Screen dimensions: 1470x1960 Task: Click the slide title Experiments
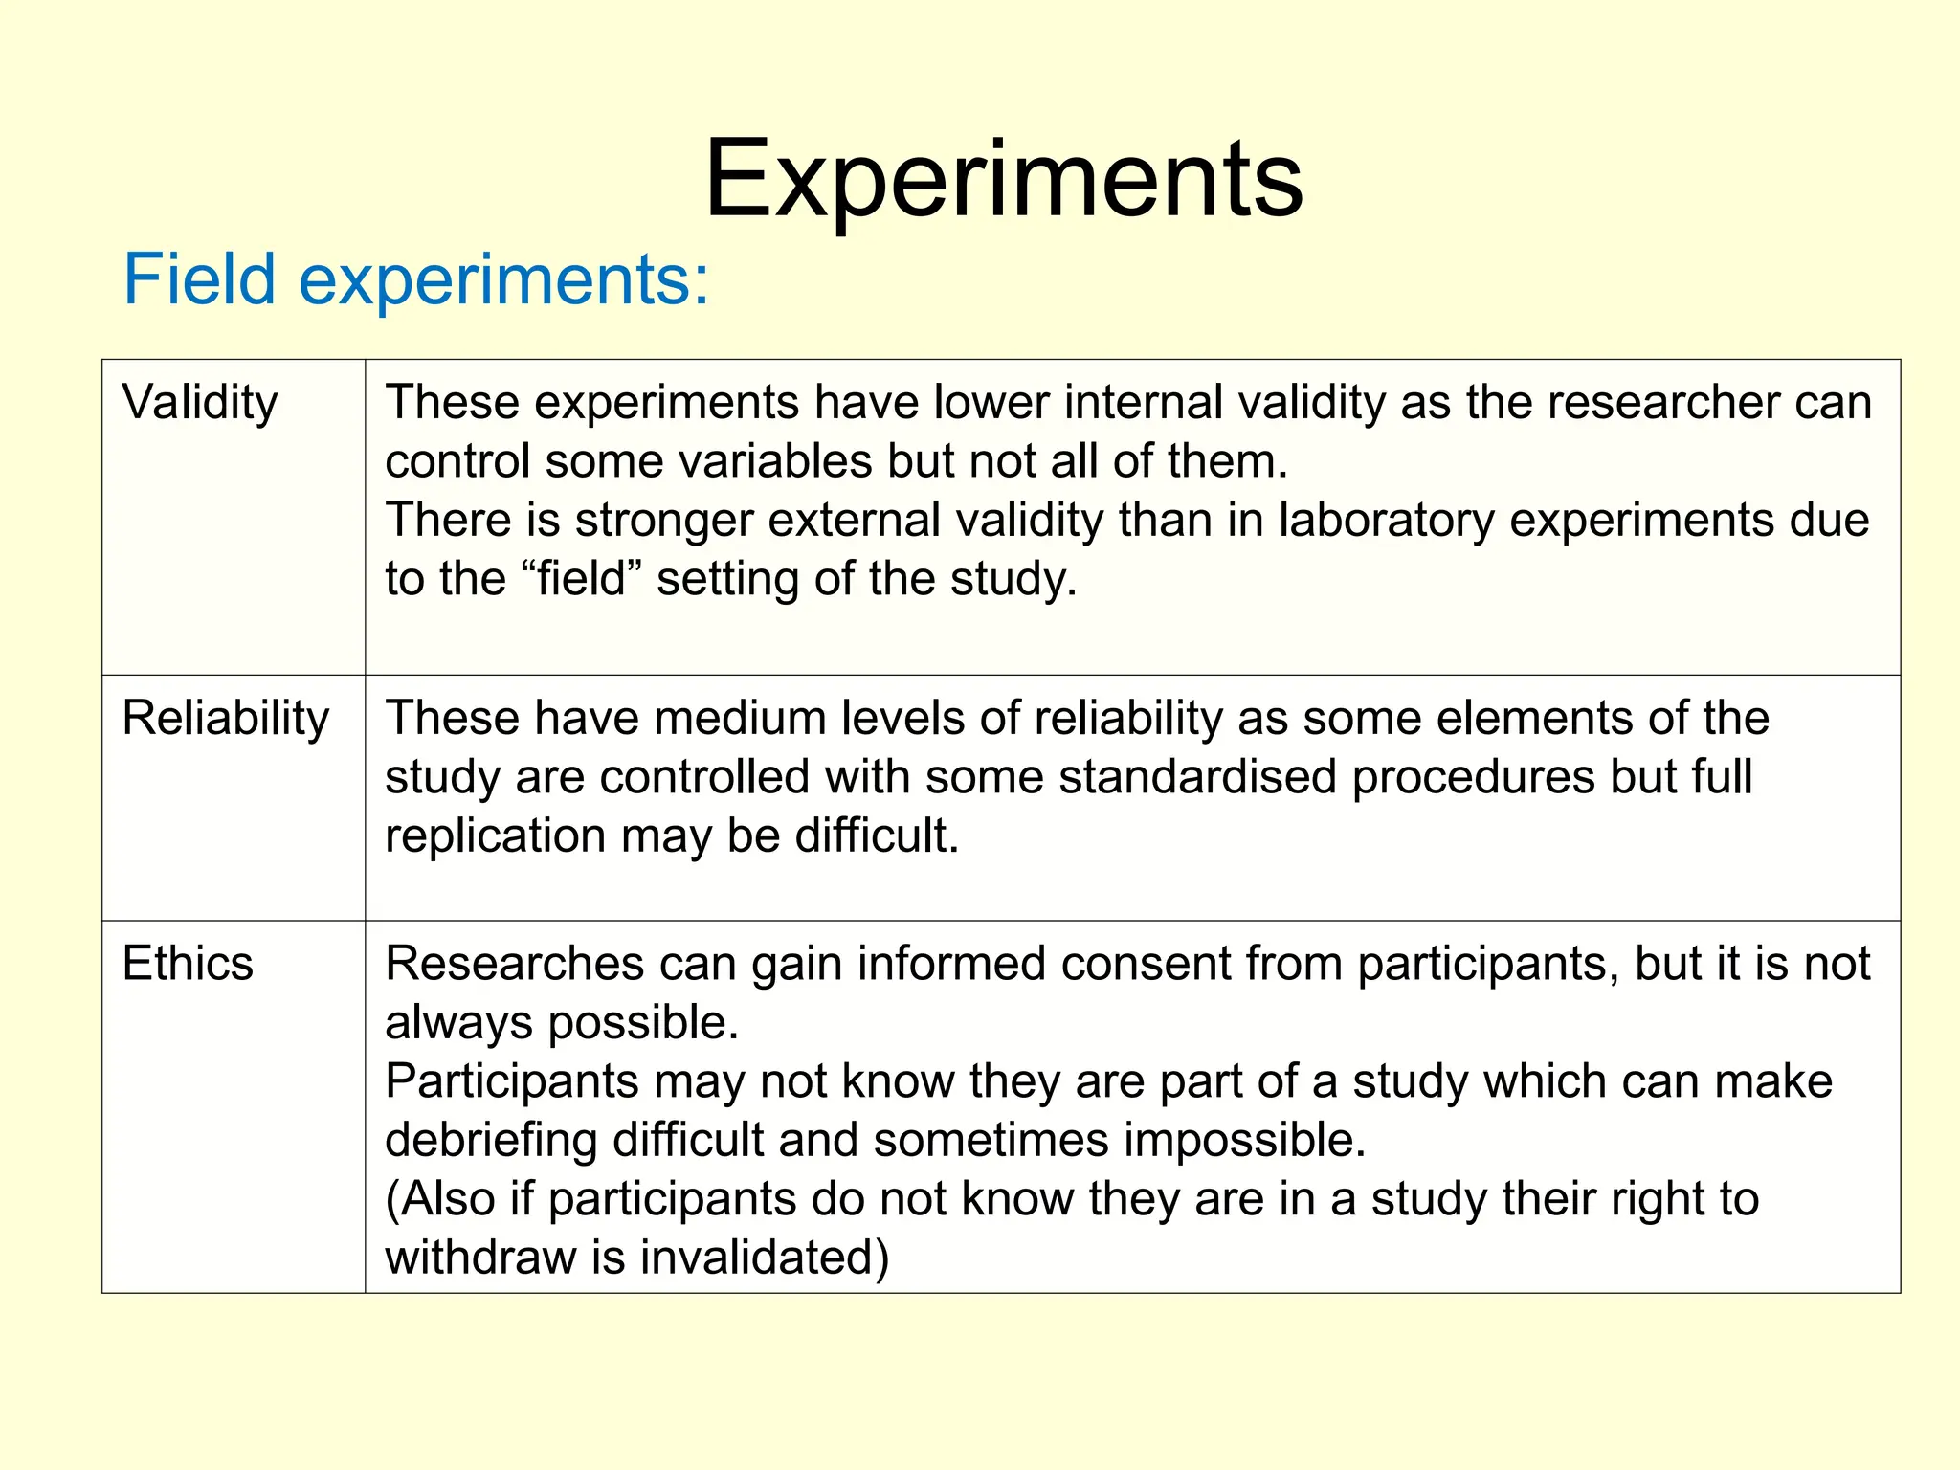pyautogui.click(x=1003, y=180)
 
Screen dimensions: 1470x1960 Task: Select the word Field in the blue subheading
pyautogui.click(x=199, y=279)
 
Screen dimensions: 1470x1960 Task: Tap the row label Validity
pyautogui.click(x=200, y=403)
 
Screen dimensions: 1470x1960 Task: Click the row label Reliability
pyautogui.click(x=226, y=718)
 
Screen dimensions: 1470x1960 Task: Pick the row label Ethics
pyautogui.click(x=188, y=964)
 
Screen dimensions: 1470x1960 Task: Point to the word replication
pyautogui.click(x=495, y=836)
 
